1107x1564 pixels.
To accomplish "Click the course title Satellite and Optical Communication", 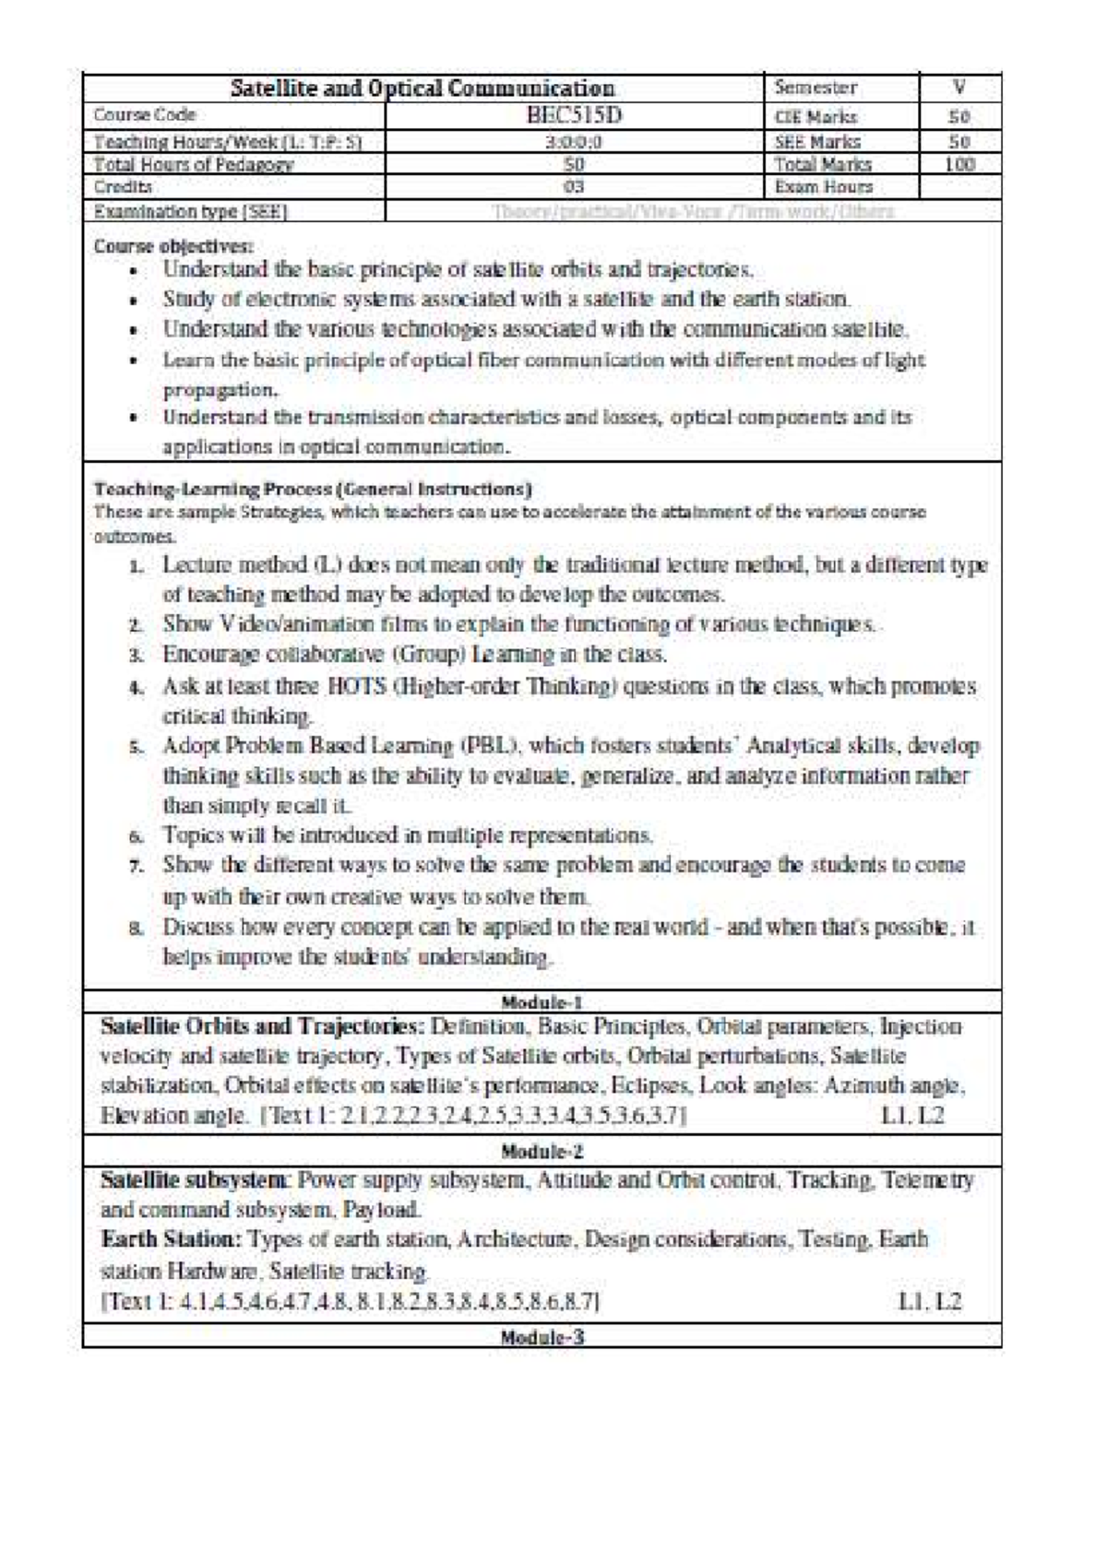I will click(422, 89).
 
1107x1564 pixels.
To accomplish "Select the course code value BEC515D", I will click(575, 115).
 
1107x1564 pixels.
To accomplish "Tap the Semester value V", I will click(959, 89).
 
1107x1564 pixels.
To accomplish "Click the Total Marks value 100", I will click(959, 164).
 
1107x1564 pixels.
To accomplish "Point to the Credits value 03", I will click(574, 186).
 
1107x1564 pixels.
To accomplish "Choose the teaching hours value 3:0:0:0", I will click(574, 142).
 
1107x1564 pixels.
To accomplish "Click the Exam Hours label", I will click(823, 186).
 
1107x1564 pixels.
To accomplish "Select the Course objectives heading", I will click(173, 246).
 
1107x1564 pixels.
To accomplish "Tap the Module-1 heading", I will click(542, 1002).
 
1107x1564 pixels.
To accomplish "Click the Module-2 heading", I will click(542, 1151).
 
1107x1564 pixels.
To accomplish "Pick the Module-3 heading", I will click(542, 1337).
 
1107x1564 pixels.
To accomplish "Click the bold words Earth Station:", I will click(172, 1239).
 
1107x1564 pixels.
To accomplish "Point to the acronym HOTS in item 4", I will click(348, 687).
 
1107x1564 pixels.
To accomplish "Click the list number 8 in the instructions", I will click(136, 929).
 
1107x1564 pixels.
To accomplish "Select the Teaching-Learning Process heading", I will click(313, 489).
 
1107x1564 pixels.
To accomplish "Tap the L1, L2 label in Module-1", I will click(912, 1116).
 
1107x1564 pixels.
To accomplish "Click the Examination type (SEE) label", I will click(191, 211).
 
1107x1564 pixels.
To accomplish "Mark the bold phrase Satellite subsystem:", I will click(196, 1179).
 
